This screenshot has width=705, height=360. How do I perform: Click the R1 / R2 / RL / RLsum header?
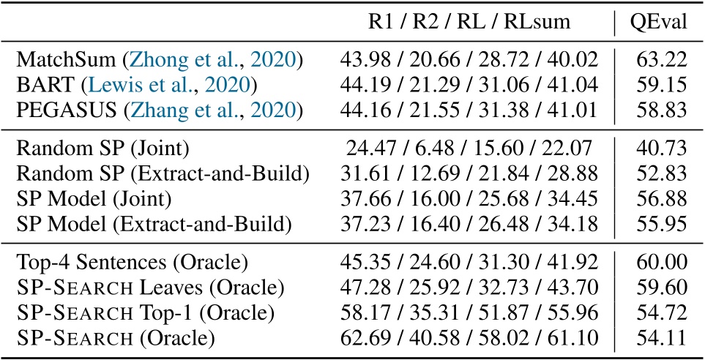pyautogui.click(x=468, y=23)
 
